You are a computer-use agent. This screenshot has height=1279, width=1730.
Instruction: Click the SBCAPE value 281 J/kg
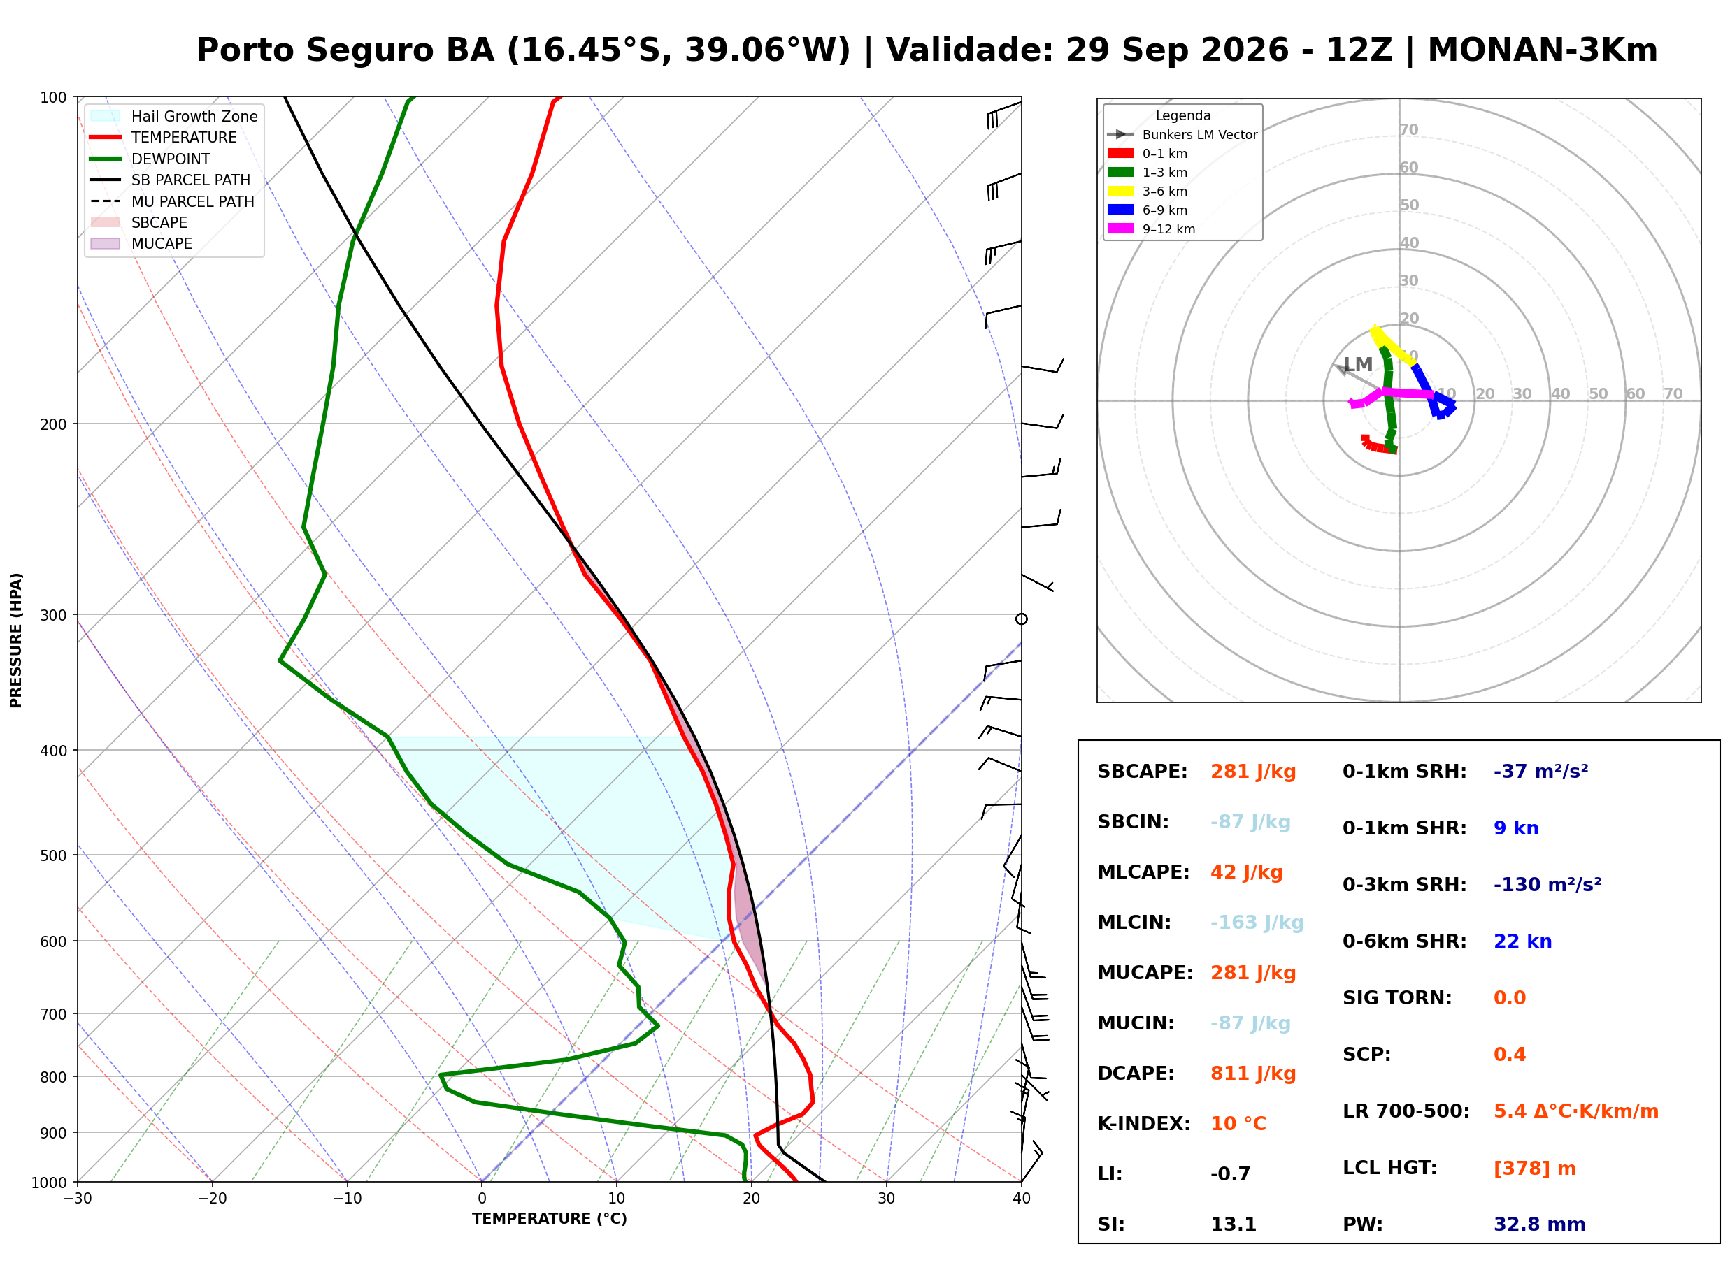click(1253, 772)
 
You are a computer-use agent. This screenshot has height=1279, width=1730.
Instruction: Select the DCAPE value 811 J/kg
click(1253, 1074)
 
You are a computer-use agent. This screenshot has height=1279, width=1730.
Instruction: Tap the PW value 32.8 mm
click(1540, 1224)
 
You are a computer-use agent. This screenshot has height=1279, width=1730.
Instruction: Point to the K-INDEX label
click(1144, 1124)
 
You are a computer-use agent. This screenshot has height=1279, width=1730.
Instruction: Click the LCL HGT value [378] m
click(1535, 1169)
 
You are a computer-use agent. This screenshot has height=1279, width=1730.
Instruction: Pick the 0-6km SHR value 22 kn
click(1522, 941)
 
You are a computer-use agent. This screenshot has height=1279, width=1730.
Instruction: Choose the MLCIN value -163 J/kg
click(1257, 923)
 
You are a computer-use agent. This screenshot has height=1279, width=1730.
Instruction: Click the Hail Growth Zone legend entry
click(174, 116)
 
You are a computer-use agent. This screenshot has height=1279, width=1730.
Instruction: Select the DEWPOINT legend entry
click(150, 159)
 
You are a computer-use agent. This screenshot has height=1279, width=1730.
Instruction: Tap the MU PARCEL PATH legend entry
click(172, 201)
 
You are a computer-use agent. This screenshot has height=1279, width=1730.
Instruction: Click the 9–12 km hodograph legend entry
click(1152, 229)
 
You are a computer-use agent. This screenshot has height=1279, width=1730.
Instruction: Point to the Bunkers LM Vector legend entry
click(1182, 135)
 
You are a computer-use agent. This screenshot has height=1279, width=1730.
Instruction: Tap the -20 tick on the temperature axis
click(212, 1199)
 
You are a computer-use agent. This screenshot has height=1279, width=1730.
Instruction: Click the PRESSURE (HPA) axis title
click(16, 640)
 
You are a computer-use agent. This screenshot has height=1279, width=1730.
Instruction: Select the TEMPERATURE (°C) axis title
click(550, 1219)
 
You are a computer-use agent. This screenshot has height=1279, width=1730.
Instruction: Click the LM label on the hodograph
click(1358, 365)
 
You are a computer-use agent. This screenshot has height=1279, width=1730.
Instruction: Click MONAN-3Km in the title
click(1543, 50)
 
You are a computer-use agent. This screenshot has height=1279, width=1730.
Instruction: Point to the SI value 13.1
click(1234, 1224)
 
